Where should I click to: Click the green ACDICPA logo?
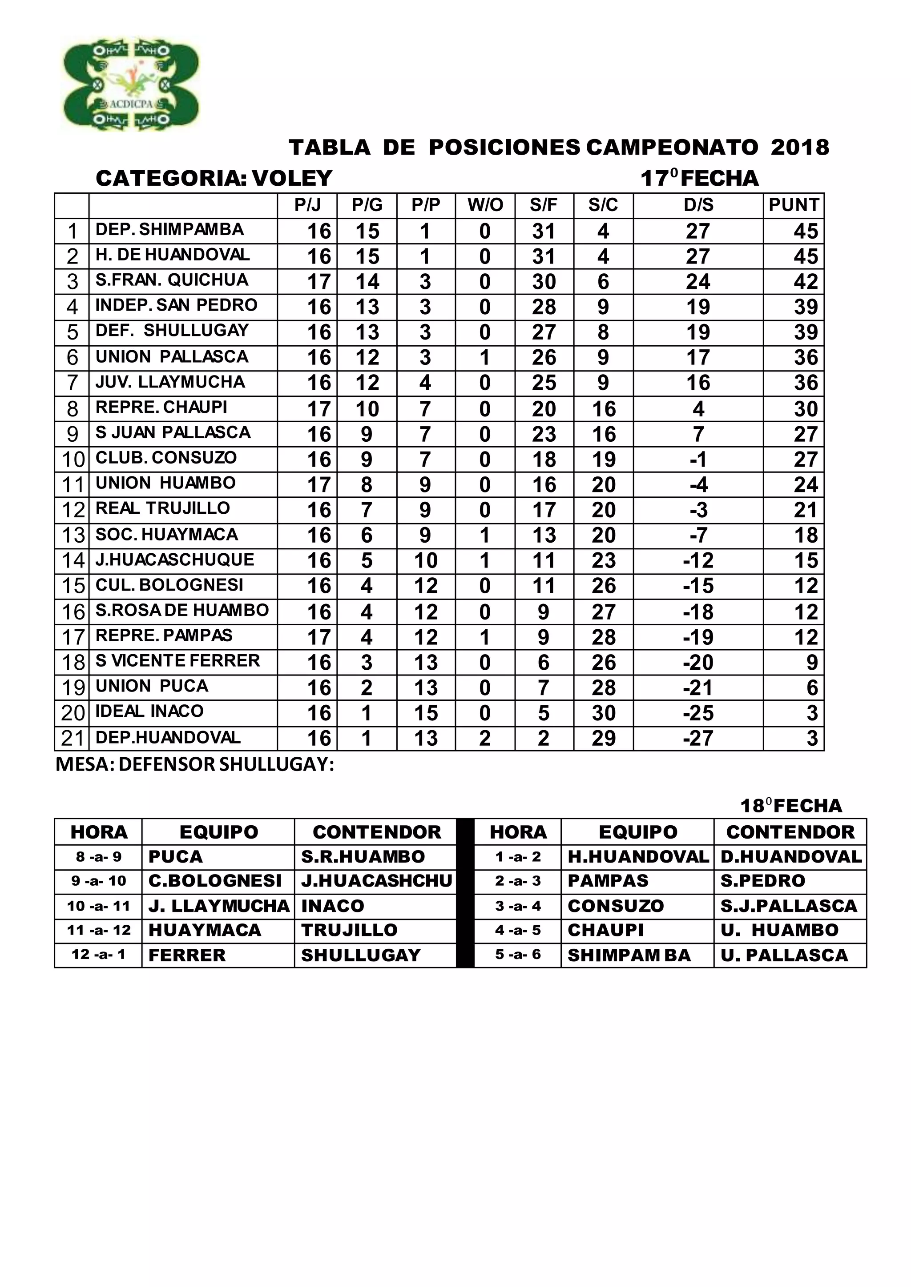coord(131,84)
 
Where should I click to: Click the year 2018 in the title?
coord(799,148)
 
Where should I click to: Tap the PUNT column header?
coord(793,205)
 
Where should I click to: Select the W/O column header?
coord(485,205)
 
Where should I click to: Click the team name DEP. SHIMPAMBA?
coord(169,229)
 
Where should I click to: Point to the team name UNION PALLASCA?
coord(172,356)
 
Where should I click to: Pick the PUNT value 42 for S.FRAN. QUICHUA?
coord(805,281)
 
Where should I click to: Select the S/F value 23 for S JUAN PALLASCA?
coord(544,434)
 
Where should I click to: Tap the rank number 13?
coord(73,536)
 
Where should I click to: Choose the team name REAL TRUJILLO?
coord(163,508)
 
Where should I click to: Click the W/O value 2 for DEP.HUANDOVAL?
coord(485,738)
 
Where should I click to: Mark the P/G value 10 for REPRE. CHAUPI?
coord(367,409)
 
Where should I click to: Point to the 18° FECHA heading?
coord(791,806)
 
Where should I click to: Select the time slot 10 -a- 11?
coord(98,906)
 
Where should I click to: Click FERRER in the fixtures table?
coord(187,955)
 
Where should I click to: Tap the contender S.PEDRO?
coord(762,881)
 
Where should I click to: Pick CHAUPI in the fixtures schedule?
coord(605,931)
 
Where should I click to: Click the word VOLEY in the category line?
coord(292,178)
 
